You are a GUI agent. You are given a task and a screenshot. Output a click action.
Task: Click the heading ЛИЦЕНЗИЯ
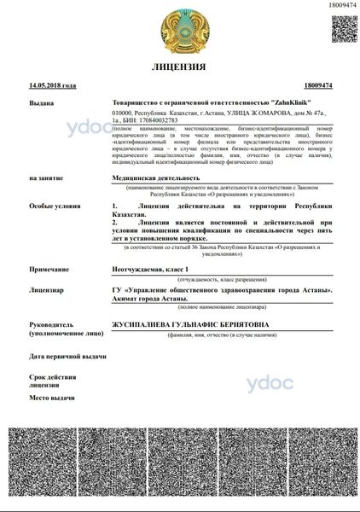coord(180,67)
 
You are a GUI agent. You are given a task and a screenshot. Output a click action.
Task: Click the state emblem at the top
coord(180,29)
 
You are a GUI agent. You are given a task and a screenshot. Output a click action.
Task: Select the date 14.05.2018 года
coord(53,85)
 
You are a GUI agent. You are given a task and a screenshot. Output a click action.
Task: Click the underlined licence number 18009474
coord(317,85)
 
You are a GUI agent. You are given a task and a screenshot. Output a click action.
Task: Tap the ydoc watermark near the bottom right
coord(270,384)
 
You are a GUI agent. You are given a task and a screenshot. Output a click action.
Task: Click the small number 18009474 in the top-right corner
coord(341,5)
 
